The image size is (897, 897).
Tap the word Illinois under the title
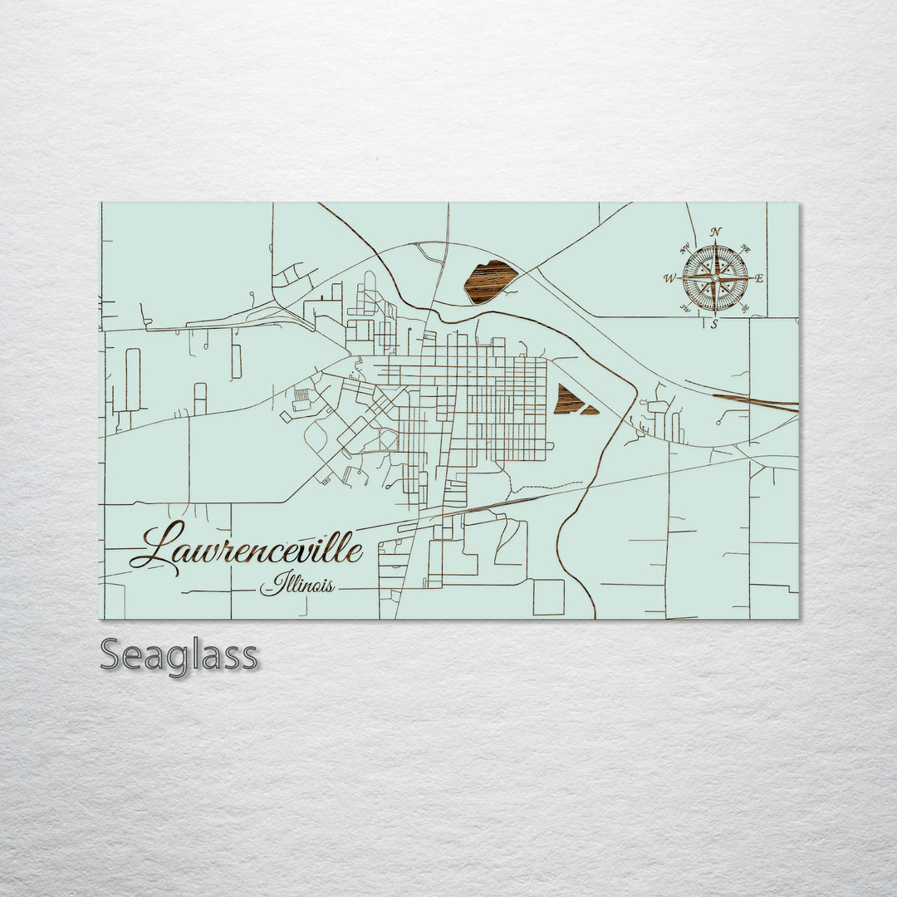297,586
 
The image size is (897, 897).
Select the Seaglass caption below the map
179,656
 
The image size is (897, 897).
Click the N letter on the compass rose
716,232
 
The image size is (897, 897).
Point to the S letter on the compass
714,325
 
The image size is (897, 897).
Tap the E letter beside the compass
759,278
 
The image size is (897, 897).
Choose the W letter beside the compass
669,279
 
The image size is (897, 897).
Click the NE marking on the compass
745,248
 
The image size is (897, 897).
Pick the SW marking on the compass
685,309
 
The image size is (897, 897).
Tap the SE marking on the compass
744,309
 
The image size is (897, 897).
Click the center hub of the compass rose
715,278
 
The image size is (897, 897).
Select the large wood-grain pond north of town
489,281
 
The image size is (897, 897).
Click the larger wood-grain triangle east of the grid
567,400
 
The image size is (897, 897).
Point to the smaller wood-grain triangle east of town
590,409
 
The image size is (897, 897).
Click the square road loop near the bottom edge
548,597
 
